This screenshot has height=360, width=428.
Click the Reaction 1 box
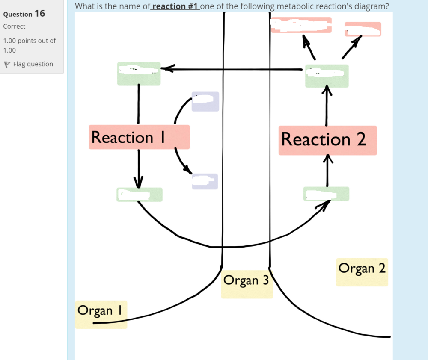click(x=139, y=137)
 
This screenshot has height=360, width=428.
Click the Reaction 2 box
click(x=327, y=140)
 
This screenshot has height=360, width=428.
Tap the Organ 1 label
click(x=101, y=314)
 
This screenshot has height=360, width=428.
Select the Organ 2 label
click(x=362, y=272)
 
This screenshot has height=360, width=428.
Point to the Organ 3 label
click(x=247, y=284)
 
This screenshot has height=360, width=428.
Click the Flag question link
click(x=33, y=64)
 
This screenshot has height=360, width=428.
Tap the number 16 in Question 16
click(x=40, y=13)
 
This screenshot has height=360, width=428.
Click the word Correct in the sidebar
click(x=14, y=26)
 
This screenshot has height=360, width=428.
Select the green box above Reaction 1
click(x=139, y=74)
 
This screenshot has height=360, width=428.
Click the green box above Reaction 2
click(x=327, y=76)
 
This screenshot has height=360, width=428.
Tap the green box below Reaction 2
click(x=326, y=194)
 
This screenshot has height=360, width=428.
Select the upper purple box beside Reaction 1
click(x=205, y=101)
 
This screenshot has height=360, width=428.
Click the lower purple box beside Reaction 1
click(x=205, y=181)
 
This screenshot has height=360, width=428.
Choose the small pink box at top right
click(x=363, y=29)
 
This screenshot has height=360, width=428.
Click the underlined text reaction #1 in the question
click(x=175, y=6)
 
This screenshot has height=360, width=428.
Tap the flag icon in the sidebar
click(x=6, y=64)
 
